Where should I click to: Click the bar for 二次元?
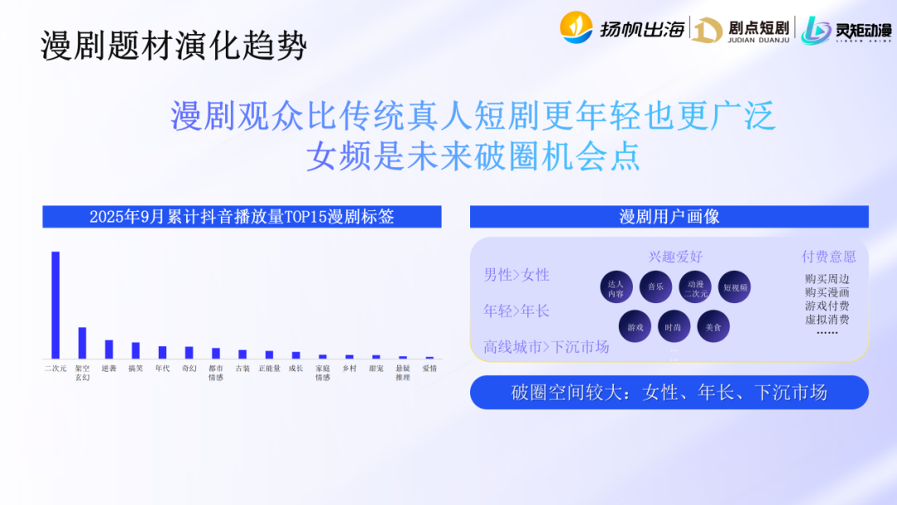point(56,304)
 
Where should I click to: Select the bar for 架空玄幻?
point(82,342)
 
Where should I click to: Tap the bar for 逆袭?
point(109,349)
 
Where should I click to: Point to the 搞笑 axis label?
point(135,368)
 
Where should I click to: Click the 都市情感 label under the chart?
point(215,372)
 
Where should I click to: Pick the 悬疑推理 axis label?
point(402,372)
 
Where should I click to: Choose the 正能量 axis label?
point(268,368)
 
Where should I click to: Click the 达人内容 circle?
point(615,287)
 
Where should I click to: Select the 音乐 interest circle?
point(655,287)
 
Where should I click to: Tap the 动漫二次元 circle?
point(695,287)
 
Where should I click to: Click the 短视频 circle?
point(735,287)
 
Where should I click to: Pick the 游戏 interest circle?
point(635,327)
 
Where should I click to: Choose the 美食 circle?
point(713,327)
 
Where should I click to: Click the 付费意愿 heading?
point(828,257)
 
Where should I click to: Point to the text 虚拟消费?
point(826,319)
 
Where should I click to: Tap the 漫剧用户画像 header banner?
point(669,217)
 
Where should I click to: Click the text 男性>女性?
point(517,275)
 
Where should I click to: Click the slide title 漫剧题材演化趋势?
point(174,47)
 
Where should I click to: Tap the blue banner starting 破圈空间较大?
point(669,393)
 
